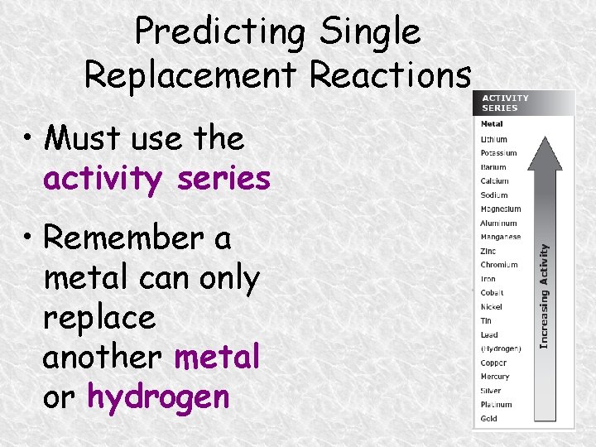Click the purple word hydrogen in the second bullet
point(158,397)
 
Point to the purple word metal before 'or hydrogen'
point(217,357)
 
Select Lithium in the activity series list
point(493,139)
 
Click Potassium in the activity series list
point(498,153)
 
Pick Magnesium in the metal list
point(500,209)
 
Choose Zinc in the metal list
point(488,251)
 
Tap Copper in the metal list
point(493,363)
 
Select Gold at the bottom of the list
point(488,419)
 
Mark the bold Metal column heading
point(491,124)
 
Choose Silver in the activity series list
point(491,391)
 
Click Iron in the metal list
point(488,279)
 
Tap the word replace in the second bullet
point(99,317)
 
